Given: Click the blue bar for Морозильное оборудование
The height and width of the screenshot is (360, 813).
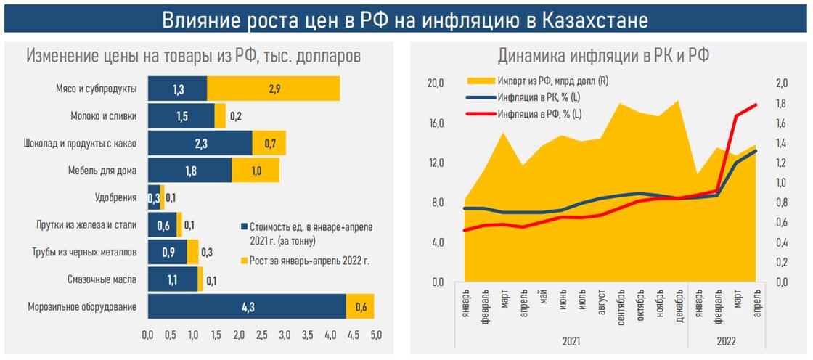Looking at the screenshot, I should (x=246, y=306).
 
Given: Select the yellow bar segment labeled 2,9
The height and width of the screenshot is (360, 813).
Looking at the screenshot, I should (x=273, y=89).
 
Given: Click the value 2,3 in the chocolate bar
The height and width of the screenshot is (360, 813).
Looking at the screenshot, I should (x=200, y=143).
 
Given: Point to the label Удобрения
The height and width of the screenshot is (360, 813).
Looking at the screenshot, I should (x=116, y=197).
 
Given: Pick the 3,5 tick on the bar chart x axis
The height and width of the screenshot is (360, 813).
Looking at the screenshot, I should (x=308, y=335).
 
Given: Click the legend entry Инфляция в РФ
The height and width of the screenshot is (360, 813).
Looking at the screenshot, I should (x=539, y=113).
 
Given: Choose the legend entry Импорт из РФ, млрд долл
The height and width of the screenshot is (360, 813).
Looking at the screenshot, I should (x=552, y=81).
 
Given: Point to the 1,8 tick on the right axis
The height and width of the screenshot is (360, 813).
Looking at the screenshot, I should (x=783, y=104).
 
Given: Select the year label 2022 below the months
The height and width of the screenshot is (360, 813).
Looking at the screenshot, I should (x=724, y=340).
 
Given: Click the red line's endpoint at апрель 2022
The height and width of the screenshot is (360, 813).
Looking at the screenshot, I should (x=755, y=105).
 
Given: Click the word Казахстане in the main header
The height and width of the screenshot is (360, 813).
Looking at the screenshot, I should (x=595, y=20).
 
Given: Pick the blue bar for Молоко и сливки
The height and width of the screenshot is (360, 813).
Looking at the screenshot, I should (x=181, y=115).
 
